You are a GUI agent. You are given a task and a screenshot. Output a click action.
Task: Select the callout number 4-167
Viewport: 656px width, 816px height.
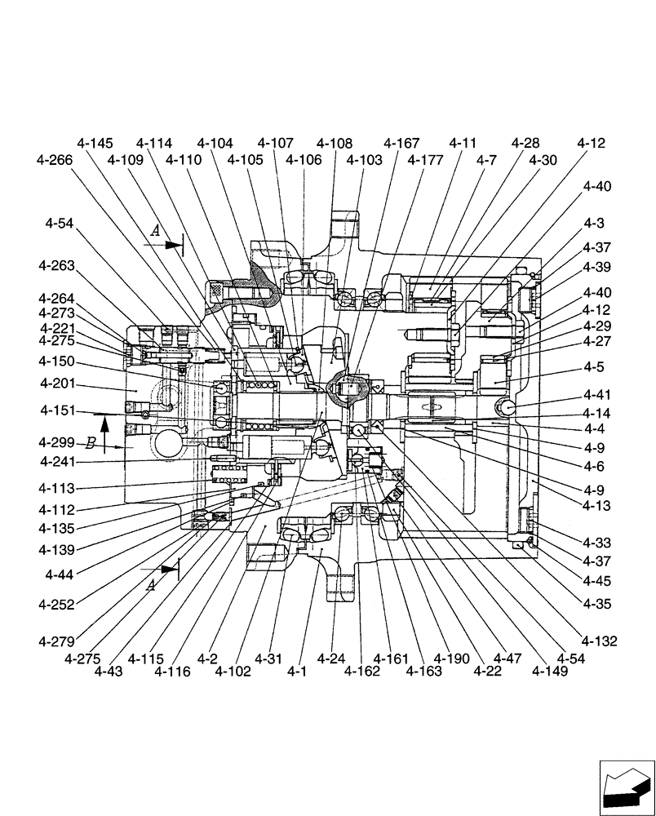(401, 143)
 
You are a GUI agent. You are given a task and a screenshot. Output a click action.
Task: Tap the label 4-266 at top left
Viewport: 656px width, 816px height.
(55, 161)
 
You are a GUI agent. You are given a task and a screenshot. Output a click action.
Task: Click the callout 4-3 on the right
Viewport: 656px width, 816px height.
(594, 224)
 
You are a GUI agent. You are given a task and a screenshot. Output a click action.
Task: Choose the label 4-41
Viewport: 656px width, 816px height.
(596, 396)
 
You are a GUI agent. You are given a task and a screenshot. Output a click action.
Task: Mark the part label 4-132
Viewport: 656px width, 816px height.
(599, 641)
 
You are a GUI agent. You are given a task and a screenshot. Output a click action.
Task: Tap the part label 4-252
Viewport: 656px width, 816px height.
(56, 605)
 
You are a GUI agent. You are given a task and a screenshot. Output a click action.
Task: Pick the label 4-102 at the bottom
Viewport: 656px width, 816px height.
(234, 672)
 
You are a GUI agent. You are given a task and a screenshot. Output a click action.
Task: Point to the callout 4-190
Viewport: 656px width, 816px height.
(453, 659)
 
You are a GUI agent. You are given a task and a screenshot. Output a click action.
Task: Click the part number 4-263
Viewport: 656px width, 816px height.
(56, 265)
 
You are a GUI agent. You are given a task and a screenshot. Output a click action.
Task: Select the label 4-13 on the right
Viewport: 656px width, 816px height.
(596, 506)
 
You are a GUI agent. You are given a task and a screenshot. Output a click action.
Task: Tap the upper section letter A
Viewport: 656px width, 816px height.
(155, 232)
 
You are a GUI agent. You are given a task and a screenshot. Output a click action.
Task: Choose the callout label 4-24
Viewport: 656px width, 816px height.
(330, 659)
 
